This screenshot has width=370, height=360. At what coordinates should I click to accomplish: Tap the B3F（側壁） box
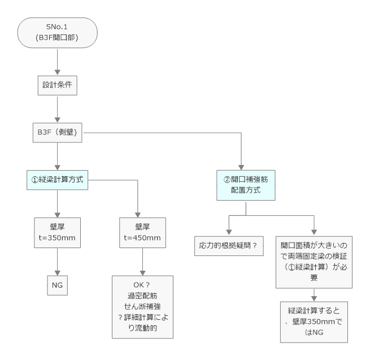[57, 133]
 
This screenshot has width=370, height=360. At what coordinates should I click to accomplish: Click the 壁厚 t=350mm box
[57, 232]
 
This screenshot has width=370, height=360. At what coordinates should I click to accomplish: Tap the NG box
[57, 285]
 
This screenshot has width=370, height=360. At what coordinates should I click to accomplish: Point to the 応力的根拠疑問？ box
[228, 247]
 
